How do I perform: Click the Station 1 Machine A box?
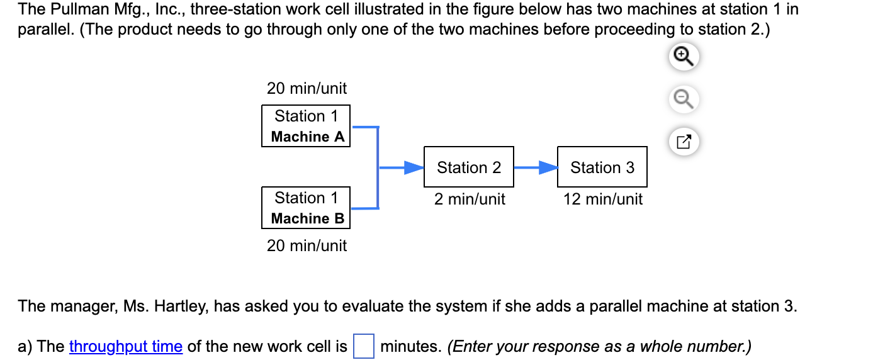[x=305, y=126]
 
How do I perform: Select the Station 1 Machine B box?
[x=305, y=208]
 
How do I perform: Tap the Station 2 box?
[x=469, y=167]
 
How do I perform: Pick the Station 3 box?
[x=602, y=167]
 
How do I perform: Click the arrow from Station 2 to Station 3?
[x=536, y=168]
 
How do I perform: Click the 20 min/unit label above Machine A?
[x=307, y=88]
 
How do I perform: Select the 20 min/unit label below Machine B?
[x=307, y=245]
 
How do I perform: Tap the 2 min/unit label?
[x=470, y=200]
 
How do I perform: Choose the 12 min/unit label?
[x=603, y=200]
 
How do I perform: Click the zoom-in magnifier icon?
[x=684, y=57]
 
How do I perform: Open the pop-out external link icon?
[x=684, y=142]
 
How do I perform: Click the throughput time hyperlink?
[x=126, y=347]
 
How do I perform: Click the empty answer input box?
[x=363, y=347]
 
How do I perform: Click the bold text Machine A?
[x=308, y=137]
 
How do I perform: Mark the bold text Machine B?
[x=308, y=218]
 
